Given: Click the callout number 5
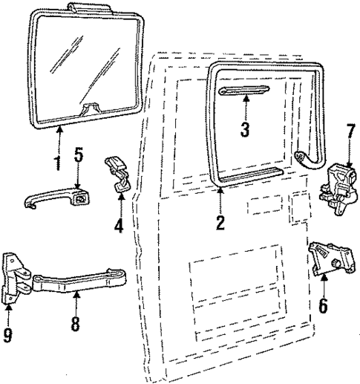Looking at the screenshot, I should point(79,157).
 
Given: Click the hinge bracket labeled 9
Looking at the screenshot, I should point(16,278).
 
